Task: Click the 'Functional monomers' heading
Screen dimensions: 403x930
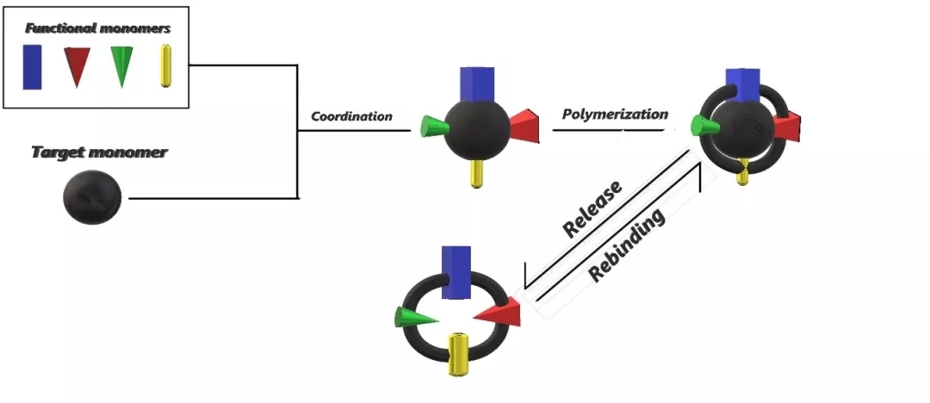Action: (x=97, y=28)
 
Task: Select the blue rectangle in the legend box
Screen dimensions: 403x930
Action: (x=33, y=66)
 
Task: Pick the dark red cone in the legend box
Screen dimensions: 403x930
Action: (x=76, y=66)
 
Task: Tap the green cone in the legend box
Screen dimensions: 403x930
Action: (x=121, y=66)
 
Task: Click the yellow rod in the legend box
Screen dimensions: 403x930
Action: (x=166, y=66)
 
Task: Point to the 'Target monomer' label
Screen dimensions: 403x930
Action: (x=99, y=152)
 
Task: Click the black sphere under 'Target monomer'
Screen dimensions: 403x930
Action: (x=92, y=197)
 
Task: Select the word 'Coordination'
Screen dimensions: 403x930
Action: (x=351, y=116)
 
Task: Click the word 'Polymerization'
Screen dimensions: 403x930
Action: (x=615, y=114)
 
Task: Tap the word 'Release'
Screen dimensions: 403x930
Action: (x=592, y=209)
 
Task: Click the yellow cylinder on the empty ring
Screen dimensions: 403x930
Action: (x=459, y=356)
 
